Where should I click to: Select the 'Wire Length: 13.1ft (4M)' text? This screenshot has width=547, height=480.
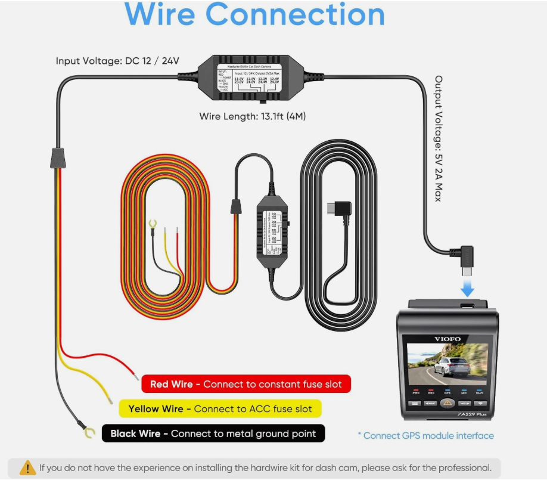coord(253,116)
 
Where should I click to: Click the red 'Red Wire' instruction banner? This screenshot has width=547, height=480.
coord(245,384)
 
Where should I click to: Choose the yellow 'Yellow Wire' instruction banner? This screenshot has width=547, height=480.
coord(220,408)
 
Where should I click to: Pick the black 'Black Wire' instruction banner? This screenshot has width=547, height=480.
coord(213,433)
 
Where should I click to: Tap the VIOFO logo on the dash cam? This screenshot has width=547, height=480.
coord(447,339)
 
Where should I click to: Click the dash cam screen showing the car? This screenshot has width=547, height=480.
coord(447,364)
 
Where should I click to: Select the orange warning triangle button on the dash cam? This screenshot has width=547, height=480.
coord(447,403)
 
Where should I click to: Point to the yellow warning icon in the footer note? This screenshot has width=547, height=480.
coord(27,467)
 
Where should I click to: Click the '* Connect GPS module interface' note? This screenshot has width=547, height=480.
coord(425,436)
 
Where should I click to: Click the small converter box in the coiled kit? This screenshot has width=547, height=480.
coord(272,228)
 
